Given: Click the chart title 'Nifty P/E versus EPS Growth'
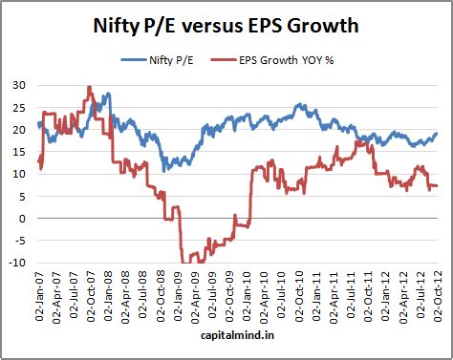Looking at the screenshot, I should point(226,23).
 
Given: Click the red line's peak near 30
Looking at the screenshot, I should point(89,87).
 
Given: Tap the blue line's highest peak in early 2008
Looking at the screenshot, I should point(108,94).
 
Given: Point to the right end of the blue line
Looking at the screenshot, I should point(437,134).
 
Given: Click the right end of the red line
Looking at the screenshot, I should point(437,185).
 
